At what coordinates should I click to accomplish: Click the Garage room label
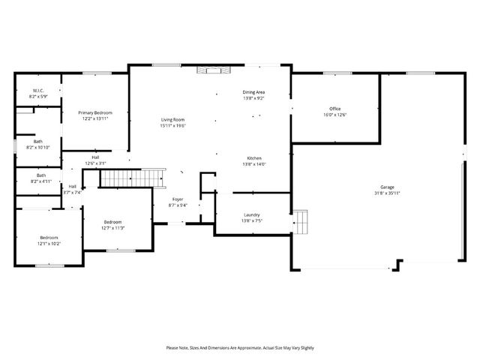(387, 187)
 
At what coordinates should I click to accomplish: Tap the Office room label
(334, 109)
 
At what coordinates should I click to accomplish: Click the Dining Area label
(253, 92)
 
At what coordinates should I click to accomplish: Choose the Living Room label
(172, 120)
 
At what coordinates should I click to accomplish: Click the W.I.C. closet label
(38, 91)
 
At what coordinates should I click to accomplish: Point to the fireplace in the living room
(210, 70)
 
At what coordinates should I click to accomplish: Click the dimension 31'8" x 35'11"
(387, 193)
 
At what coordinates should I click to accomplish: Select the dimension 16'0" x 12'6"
(334, 115)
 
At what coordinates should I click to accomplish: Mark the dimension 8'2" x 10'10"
(38, 147)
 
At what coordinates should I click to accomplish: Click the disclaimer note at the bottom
(240, 348)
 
